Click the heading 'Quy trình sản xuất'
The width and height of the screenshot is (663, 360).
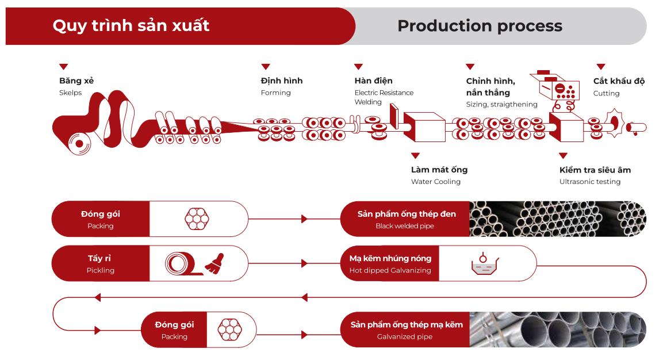[131, 26]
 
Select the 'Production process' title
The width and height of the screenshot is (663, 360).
[480, 26]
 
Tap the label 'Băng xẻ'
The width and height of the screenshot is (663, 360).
[76, 81]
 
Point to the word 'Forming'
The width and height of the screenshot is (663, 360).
[276, 93]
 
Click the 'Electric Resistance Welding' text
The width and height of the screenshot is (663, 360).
[384, 97]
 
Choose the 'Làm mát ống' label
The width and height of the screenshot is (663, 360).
[439, 170]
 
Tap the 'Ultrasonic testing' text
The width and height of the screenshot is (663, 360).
[589, 182]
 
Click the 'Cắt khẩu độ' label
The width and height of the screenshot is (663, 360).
[619, 81]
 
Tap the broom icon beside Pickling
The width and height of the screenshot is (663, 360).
[214, 262]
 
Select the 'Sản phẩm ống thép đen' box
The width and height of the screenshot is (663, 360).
[406, 219]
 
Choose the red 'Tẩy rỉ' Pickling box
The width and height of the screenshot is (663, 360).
[101, 264]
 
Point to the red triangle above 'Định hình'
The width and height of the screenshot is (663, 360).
[266, 67]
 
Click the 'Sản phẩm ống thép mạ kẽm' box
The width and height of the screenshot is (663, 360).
[406, 330]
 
